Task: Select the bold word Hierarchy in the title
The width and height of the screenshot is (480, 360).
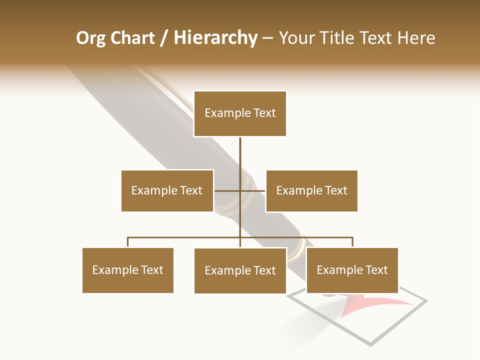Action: click(x=215, y=38)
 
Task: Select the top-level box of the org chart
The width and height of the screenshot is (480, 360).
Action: click(x=240, y=113)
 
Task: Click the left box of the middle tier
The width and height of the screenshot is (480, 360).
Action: click(x=167, y=190)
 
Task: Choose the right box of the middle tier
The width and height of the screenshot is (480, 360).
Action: click(x=311, y=190)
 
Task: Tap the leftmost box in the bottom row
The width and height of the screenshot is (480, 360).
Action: click(x=127, y=270)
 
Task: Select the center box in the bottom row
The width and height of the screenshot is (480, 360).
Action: click(x=240, y=270)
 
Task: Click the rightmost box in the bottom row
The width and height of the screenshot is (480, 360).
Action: click(x=352, y=270)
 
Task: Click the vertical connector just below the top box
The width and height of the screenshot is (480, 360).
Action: click(x=240, y=150)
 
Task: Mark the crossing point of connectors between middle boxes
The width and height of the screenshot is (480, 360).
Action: click(x=240, y=190)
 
